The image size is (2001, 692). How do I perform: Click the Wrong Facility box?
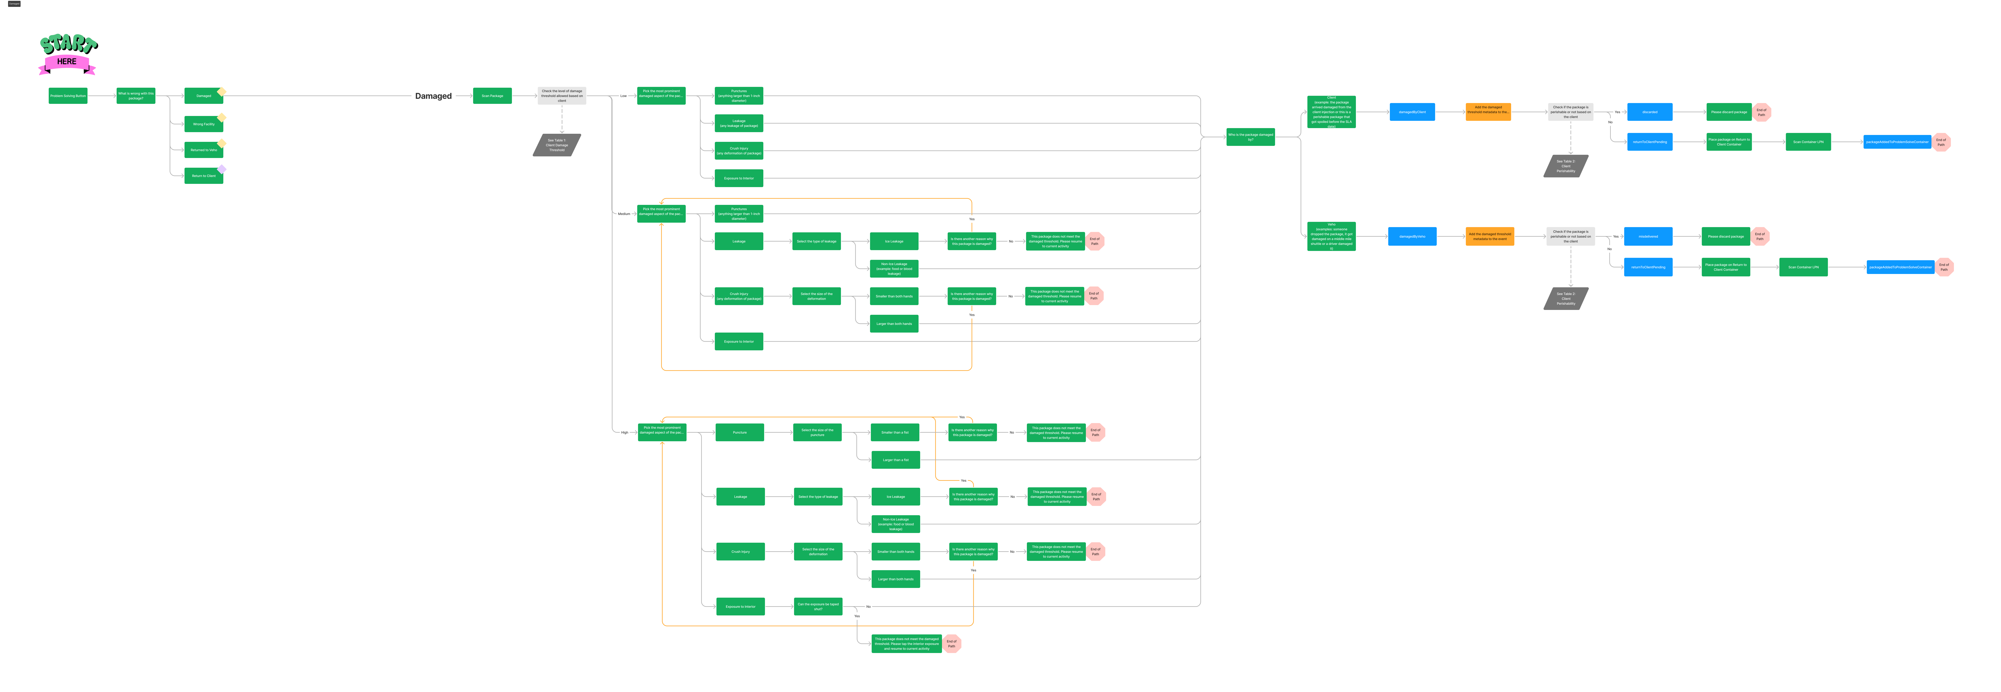point(204,124)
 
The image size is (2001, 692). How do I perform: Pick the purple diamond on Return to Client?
point(222,169)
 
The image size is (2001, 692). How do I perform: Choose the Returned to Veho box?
point(204,150)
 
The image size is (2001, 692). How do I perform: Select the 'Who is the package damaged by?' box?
point(1251,137)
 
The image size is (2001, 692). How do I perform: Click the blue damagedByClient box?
point(1412,112)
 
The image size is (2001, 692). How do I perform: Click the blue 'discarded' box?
point(1650,112)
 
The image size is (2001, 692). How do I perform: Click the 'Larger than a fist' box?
point(896,460)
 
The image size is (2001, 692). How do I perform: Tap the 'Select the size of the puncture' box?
point(817,433)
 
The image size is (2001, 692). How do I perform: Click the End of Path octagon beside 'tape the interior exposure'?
point(951,644)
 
